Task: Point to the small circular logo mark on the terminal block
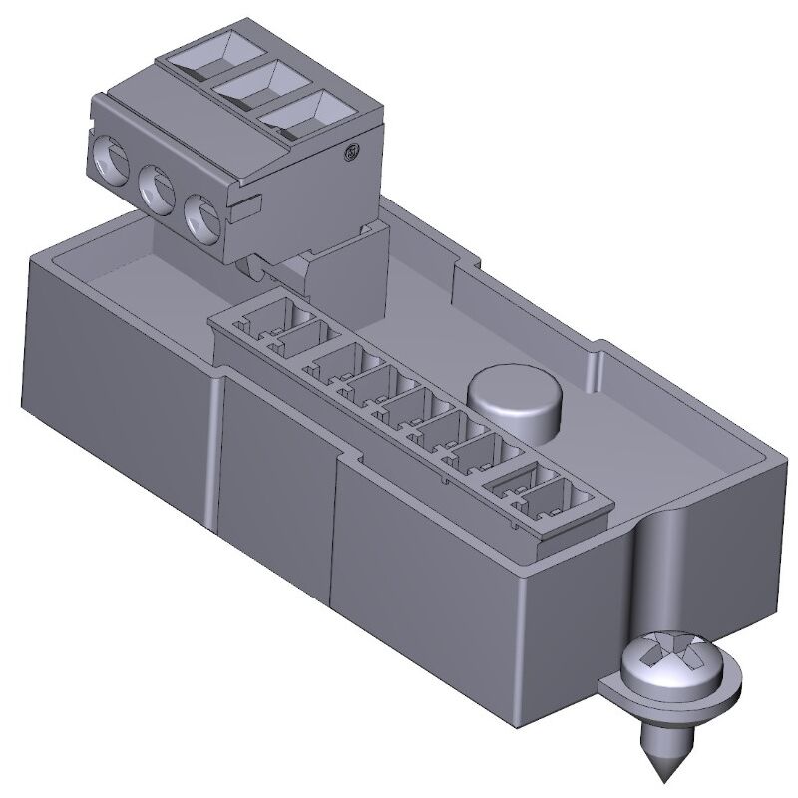[349, 153]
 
